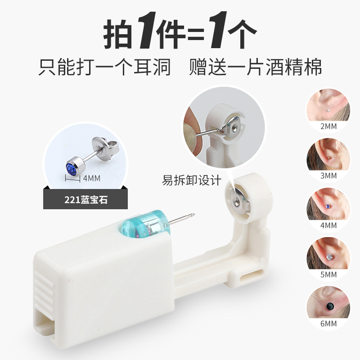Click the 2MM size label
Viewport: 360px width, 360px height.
click(328, 126)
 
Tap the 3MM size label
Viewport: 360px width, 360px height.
click(328, 175)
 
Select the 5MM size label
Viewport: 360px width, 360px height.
click(328, 274)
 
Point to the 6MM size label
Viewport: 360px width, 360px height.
click(328, 324)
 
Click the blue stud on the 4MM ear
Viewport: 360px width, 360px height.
click(328, 207)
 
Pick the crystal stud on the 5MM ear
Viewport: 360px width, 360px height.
click(329, 257)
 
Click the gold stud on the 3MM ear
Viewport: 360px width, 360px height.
click(329, 158)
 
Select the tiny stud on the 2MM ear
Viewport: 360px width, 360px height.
click(328, 110)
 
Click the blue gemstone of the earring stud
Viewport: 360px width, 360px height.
click(72, 169)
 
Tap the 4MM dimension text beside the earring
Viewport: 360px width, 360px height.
click(92, 178)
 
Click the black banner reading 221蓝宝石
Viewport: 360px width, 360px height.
click(85, 199)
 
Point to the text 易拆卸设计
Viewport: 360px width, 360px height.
click(192, 180)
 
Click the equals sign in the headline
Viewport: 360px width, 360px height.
click(196, 35)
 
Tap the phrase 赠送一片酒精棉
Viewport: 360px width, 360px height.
click(255, 67)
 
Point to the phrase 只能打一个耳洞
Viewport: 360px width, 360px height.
click(104, 67)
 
